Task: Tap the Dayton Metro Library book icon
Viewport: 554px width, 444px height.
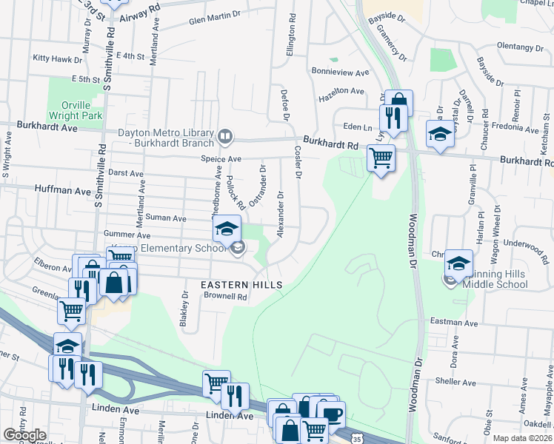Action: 224,136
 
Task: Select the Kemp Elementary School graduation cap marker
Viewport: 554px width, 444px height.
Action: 227,229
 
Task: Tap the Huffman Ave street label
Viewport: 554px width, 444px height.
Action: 62,189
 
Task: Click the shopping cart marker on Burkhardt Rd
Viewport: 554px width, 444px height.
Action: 381,157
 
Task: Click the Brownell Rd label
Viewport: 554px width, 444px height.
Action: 225,296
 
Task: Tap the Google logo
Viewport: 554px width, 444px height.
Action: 24,435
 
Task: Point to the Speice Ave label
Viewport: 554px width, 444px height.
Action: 221,159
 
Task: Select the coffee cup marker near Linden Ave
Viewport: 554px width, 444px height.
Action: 330,414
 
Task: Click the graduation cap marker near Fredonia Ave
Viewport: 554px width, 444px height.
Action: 440,134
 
